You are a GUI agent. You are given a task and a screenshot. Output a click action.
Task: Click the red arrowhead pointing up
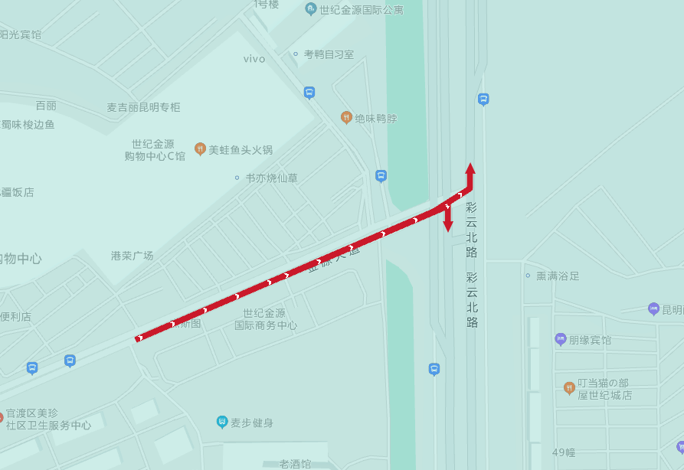click(470, 168)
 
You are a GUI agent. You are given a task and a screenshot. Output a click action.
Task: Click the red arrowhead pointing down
click(448, 226)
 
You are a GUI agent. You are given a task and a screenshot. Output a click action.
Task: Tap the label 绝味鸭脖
click(376, 119)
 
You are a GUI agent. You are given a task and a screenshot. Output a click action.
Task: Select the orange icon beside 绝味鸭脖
click(346, 118)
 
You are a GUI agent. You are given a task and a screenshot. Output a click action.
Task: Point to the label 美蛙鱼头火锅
click(241, 150)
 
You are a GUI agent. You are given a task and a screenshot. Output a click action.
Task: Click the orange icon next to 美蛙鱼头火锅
click(200, 149)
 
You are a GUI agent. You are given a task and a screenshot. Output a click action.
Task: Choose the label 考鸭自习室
click(329, 54)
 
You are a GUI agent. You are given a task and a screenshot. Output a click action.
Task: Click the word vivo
click(254, 59)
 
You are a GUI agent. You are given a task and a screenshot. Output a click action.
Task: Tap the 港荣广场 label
click(132, 256)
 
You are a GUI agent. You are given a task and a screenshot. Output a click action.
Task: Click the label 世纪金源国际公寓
click(361, 10)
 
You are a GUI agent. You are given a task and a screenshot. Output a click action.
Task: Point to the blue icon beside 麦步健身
click(221, 422)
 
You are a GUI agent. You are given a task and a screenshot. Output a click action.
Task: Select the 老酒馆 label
click(295, 464)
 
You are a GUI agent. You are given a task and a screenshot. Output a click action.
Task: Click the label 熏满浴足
click(558, 276)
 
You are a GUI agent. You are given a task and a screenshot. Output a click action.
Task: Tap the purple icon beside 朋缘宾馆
click(561, 339)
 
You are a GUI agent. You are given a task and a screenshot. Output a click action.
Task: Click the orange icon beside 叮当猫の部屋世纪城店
click(568, 388)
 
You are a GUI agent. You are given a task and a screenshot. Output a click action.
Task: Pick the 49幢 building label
click(563, 452)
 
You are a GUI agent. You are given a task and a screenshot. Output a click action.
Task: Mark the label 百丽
click(46, 106)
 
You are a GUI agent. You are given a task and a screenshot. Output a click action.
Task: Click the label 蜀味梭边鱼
click(28, 125)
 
